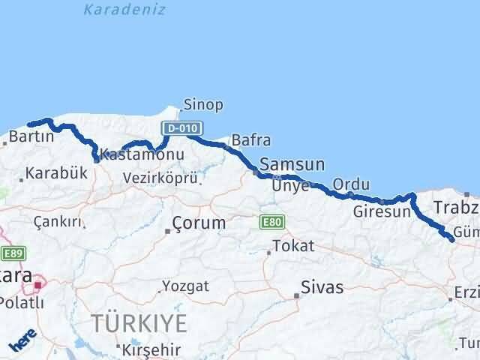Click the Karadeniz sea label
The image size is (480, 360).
124,10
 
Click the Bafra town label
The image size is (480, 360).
251,140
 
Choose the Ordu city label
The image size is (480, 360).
351,184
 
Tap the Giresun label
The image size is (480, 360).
382,211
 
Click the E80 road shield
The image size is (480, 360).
271,223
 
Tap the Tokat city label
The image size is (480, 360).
293,246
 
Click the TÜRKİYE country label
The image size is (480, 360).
139,324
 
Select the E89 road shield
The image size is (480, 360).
12,253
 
